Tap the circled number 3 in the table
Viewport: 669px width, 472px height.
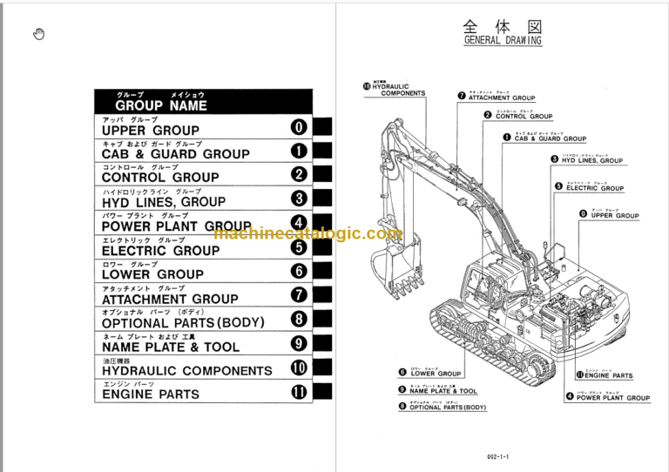299,199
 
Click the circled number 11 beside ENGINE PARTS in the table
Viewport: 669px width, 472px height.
299,392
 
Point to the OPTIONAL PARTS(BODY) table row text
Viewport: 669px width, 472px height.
182,322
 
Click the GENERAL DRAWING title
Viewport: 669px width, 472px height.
503,40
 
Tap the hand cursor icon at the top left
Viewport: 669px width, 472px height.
38,34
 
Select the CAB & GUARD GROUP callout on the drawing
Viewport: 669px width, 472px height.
550,138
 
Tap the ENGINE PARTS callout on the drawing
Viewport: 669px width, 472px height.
609,375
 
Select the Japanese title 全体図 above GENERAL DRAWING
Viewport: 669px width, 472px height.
503,24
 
